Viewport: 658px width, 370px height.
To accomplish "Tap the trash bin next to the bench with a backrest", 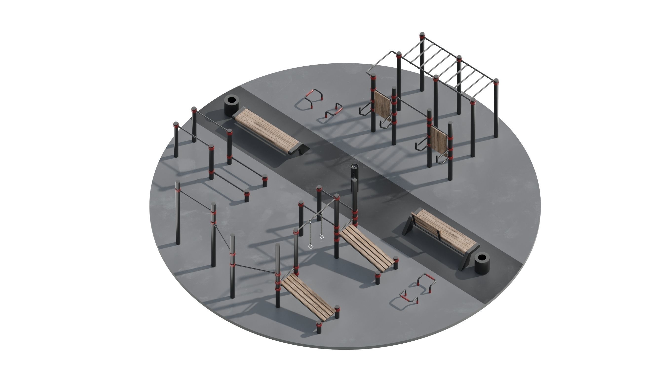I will click(x=482, y=264).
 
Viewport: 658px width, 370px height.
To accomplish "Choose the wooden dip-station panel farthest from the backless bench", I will click(x=439, y=139).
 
